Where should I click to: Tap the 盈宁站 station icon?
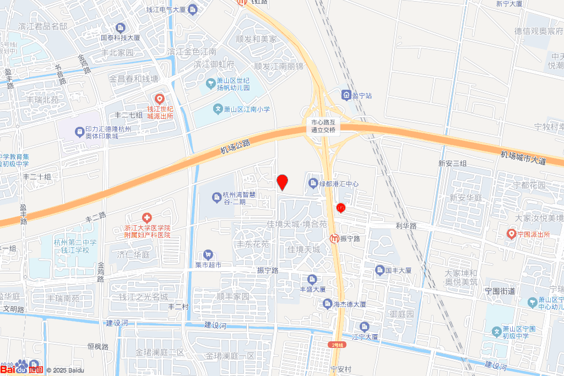(x=346, y=95)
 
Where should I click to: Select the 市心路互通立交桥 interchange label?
(x=323, y=126)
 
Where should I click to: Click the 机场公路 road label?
(x=235, y=146)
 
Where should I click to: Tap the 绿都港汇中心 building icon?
(x=313, y=183)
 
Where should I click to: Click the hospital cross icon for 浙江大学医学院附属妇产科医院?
(x=146, y=218)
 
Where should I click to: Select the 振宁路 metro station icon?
(x=334, y=239)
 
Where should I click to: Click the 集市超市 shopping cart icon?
(x=208, y=254)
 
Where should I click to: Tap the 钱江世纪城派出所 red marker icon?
(x=159, y=99)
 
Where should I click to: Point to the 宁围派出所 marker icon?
(x=512, y=234)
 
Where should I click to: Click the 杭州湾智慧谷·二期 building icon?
(x=216, y=197)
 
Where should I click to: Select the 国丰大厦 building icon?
(x=379, y=270)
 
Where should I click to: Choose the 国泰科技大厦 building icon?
(x=121, y=28)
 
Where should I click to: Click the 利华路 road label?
(x=406, y=226)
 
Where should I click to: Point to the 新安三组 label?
(x=452, y=164)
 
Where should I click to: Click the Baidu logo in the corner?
(x=22, y=367)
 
